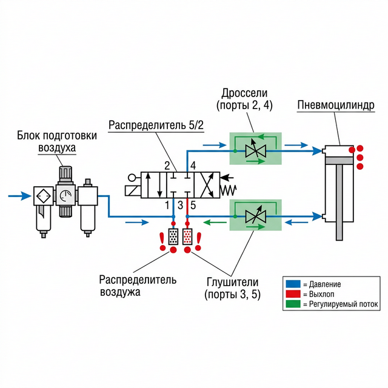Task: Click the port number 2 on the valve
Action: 167,166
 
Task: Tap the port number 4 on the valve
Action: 193,166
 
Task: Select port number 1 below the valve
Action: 167,205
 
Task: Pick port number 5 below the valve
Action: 193,205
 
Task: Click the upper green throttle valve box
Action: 255,149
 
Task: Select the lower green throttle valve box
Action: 255,216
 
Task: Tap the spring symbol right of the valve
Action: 228,190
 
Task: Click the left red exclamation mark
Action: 162,241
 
